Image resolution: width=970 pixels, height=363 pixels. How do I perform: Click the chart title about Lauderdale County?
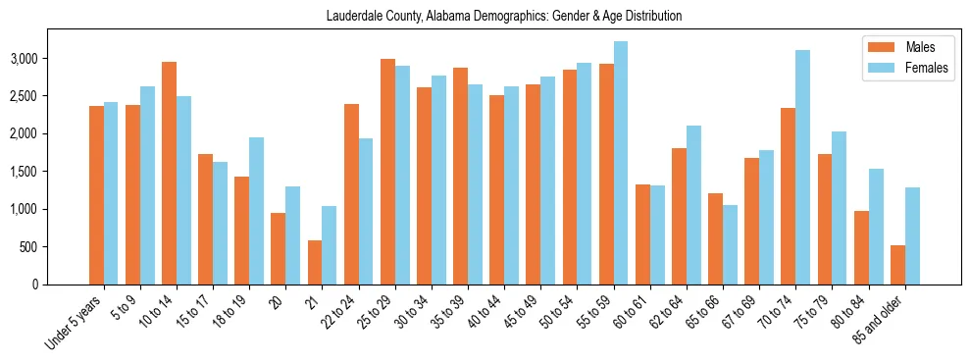click(504, 17)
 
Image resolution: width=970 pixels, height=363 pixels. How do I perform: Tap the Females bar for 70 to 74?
click(802, 167)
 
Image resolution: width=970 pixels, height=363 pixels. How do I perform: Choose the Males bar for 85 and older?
click(897, 265)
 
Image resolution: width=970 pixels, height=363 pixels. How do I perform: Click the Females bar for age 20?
click(292, 235)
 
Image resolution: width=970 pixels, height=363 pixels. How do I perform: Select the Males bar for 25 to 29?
click(387, 172)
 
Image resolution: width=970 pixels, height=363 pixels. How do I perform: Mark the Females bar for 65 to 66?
click(730, 244)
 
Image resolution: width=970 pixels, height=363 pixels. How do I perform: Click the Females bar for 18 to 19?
click(256, 211)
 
